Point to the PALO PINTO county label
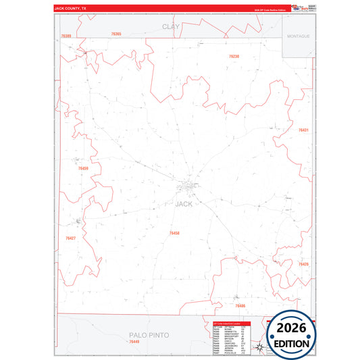click(149, 335)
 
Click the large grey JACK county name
click(183, 203)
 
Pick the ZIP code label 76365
click(116, 33)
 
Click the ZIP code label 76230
click(234, 56)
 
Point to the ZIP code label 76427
click(71, 238)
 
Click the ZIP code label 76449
click(134, 342)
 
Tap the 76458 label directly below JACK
click(174, 233)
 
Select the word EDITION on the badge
click(292, 343)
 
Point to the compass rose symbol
click(258, 346)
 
